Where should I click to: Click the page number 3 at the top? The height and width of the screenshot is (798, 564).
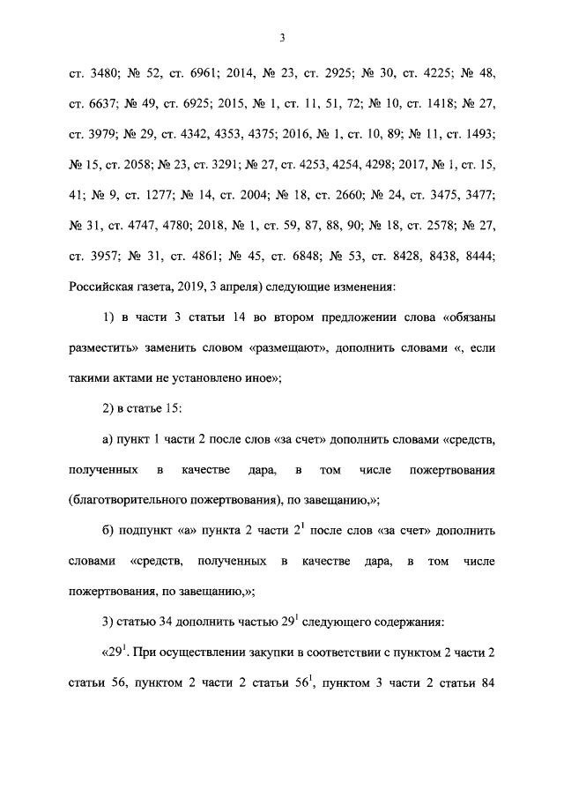coord(282,37)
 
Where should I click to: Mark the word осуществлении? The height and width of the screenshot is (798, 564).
coord(189,653)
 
